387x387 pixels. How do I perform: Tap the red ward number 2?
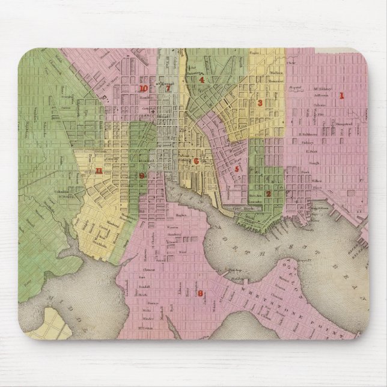pyautogui.click(x=268, y=193)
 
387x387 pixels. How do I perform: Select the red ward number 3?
pyautogui.click(x=260, y=103)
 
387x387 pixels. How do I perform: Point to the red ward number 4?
pyautogui.click(x=203, y=79)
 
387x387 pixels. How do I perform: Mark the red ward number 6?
pyautogui.click(x=196, y=161)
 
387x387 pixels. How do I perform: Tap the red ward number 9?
pyautogui.click(x=141, y=176)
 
